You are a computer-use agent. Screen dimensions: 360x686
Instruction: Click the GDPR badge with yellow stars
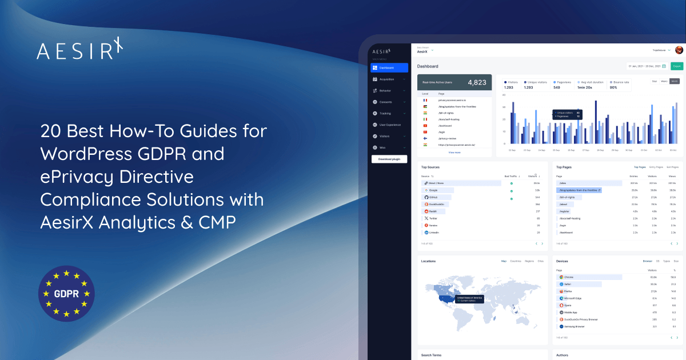pyautogui.click(x=66, y=294)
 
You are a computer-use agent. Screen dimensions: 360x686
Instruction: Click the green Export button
pyautogui.click(x=677, y=66)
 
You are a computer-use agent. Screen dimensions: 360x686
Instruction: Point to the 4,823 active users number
pyautogui.click(x=477, y=82)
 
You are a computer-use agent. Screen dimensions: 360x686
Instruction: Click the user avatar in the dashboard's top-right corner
pyautogui.click(x=679, y=50)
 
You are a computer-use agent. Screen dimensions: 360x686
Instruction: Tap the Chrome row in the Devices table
pyautogui.click(x=569, y=277)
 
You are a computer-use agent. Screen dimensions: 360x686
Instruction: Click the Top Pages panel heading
pyautogui.click(x=564, y=167)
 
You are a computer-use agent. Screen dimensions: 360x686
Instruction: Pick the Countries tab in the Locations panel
pyautogui.click(x=515, y=261)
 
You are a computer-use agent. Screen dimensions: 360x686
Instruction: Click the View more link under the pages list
pyautogui.click(x=454, y=153)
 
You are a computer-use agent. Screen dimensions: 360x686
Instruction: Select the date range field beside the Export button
pyautogui.click(x=647, y=66)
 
